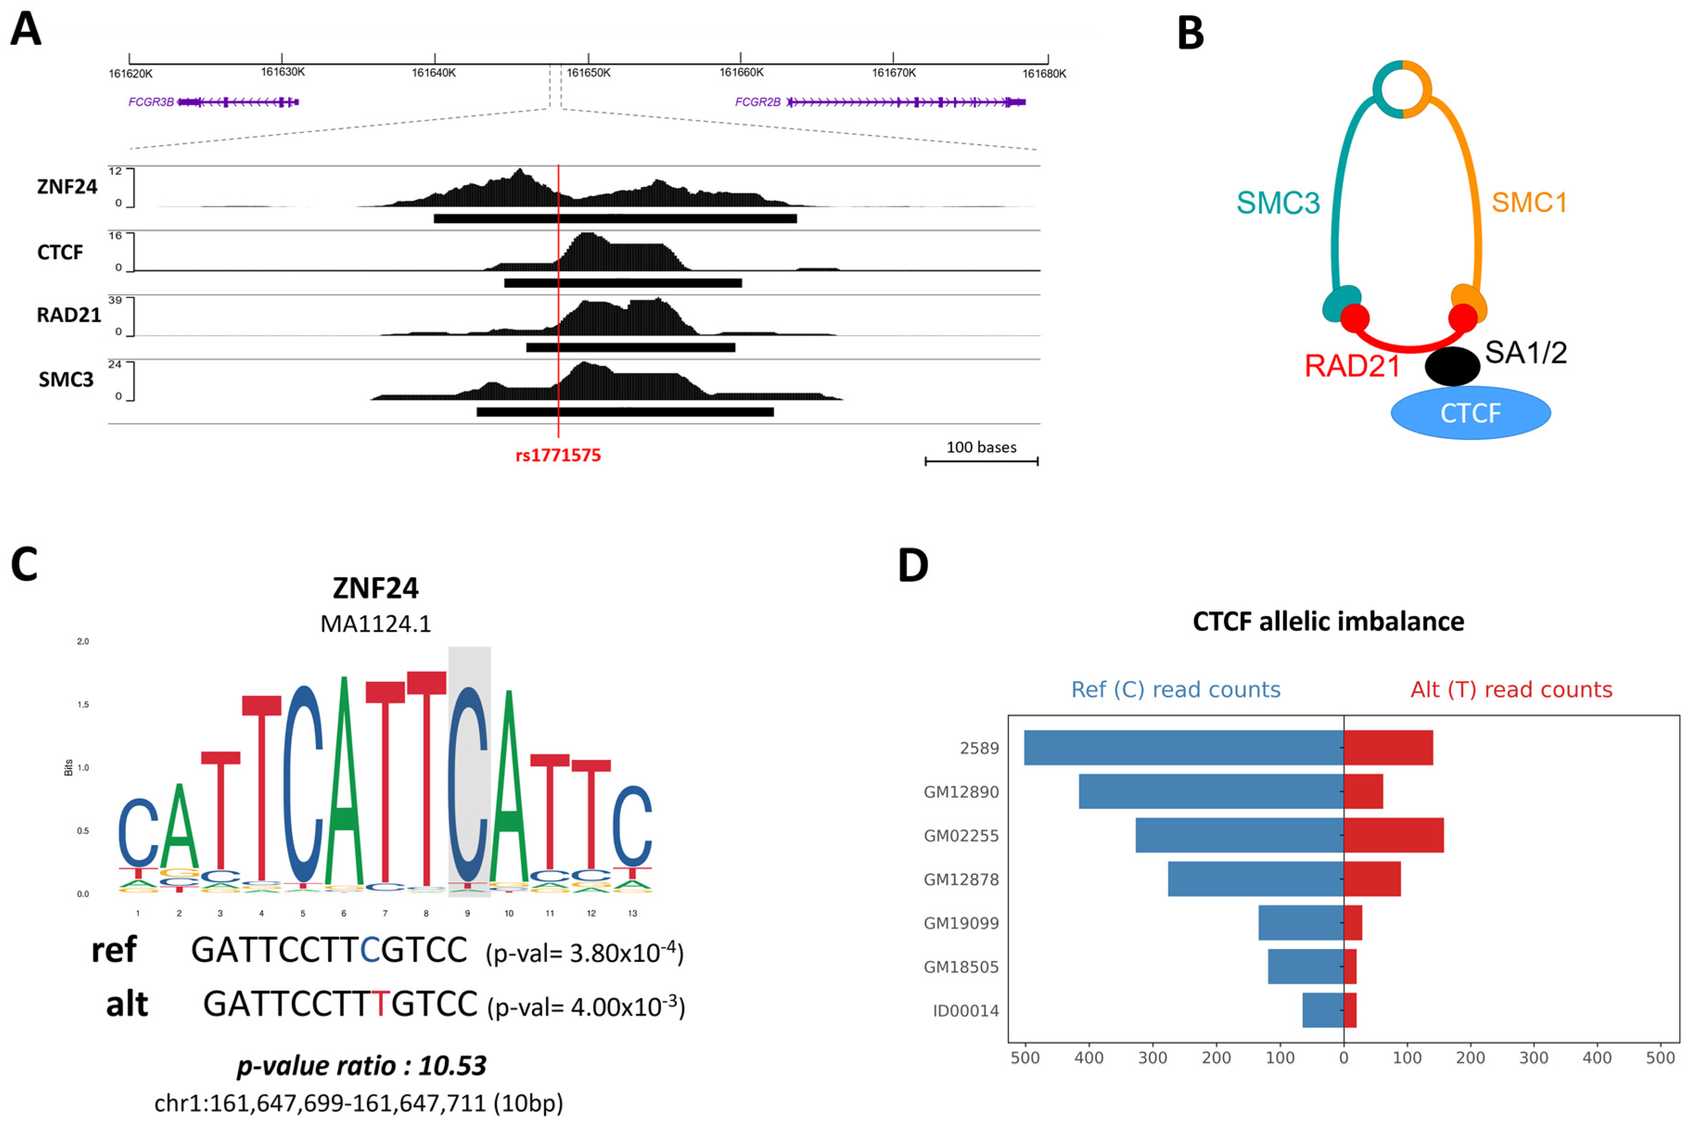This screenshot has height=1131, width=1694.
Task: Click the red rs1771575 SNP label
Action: (x=558, y=455)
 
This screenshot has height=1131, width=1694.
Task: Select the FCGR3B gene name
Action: (x=151, y=102)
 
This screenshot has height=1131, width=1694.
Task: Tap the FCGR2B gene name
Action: (x=758, y=102)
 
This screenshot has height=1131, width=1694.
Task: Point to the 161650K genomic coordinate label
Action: (x=589, y=73)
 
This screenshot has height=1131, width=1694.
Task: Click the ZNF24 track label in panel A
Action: (x=67, y=187)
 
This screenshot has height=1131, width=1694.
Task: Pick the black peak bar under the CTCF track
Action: (x=623, y=283)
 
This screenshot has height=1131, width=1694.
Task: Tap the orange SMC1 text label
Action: (x=1529, y=203)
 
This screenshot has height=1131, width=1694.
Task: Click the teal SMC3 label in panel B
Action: (x=1278, y=203)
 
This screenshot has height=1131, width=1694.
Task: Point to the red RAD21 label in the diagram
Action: (x=1352, y=367)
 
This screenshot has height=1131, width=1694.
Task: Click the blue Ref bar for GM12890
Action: (x=1210, y=791)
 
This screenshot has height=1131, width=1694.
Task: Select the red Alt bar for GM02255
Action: (x=1393, y=835)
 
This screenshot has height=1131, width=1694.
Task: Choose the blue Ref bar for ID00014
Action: (x=1323, y=1010)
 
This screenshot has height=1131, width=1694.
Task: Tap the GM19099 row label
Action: (x=961, y=923)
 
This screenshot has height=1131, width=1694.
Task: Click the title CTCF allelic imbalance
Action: (x=1328, y=622)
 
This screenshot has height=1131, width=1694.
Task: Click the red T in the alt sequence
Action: (x=380, y=1004)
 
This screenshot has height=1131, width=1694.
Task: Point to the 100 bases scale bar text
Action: (x=981, y=447)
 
